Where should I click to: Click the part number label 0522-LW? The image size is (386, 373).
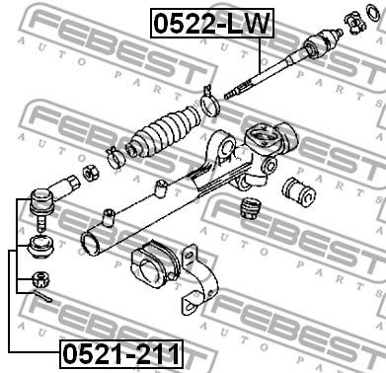click(211, 24)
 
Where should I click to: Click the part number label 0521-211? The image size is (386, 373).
click(121, 354)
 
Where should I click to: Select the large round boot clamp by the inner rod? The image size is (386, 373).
click(209, 103)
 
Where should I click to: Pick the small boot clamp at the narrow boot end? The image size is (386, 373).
click(115, 157)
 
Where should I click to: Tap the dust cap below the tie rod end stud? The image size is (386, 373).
click(40, 247)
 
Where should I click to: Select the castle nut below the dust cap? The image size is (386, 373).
click(40, 280)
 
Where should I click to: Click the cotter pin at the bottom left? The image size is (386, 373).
click(41, 297)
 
